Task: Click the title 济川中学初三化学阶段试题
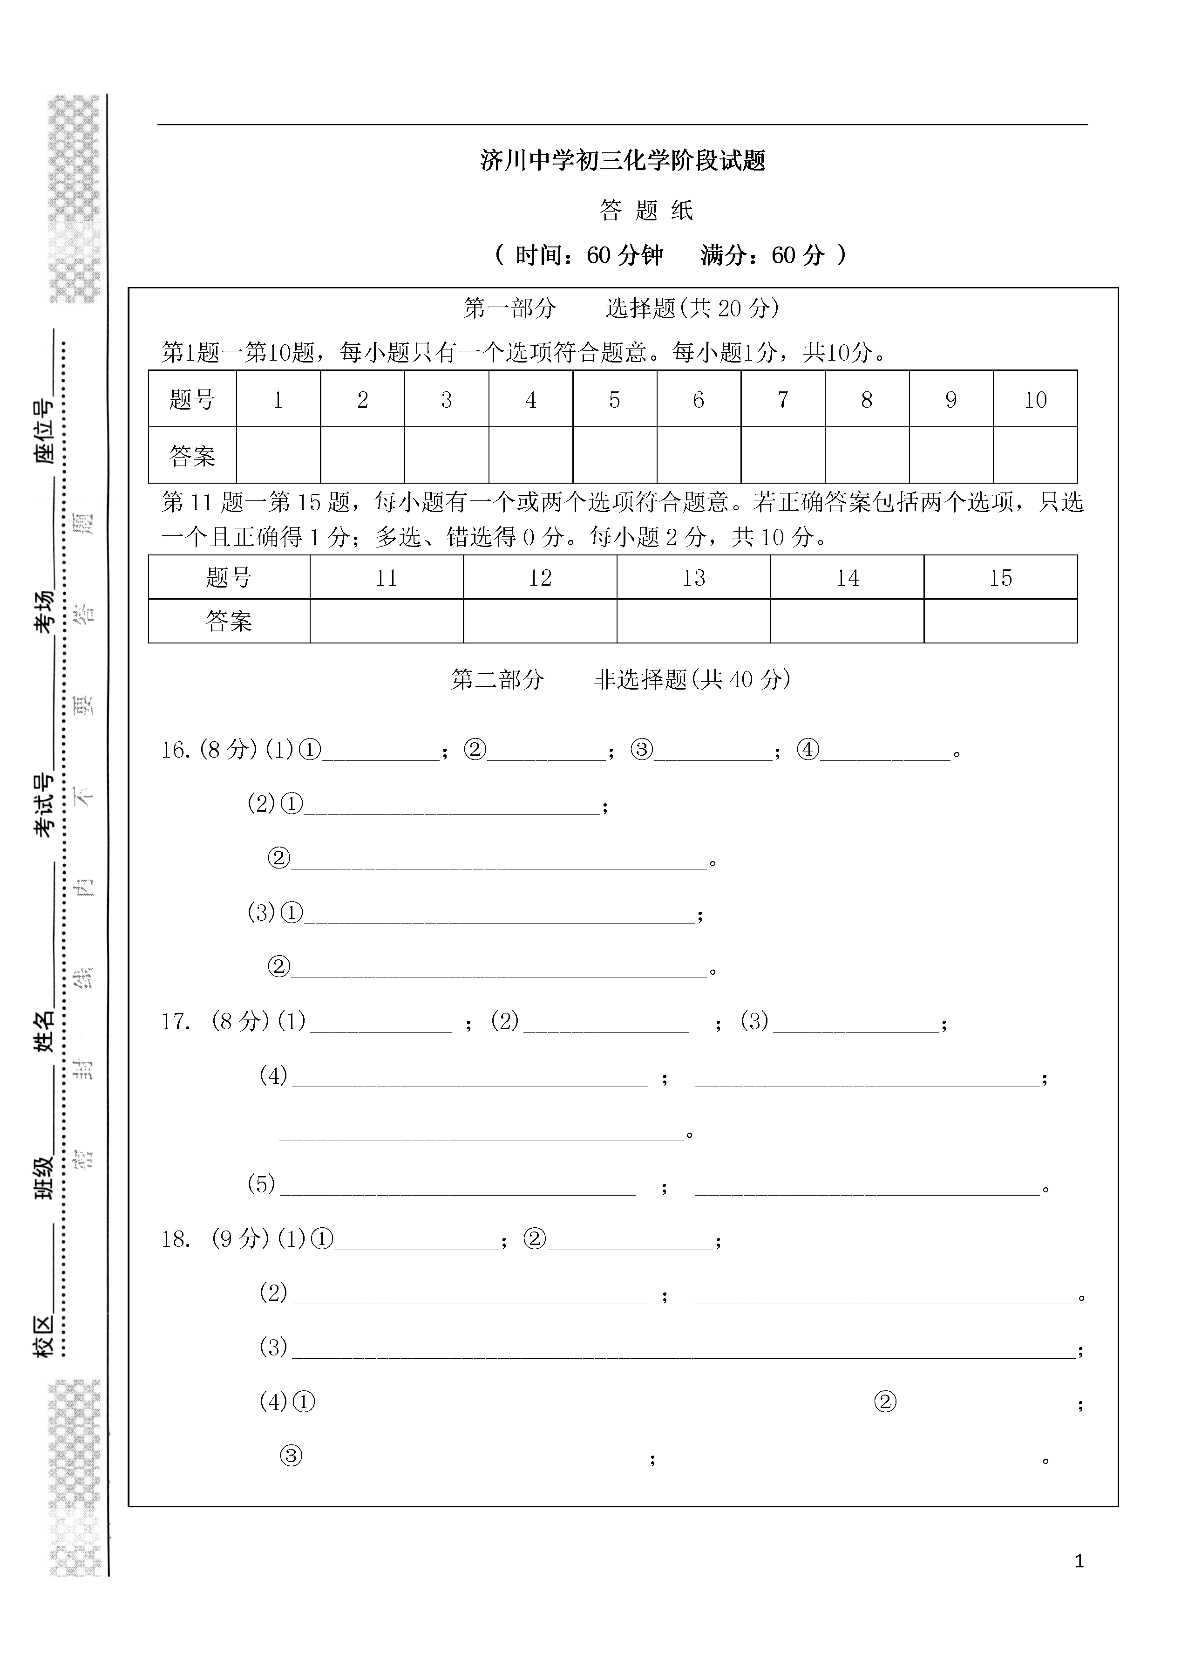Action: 623,160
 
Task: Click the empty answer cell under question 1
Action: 278,455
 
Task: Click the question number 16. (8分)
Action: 210,750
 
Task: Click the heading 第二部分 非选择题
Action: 620,679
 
